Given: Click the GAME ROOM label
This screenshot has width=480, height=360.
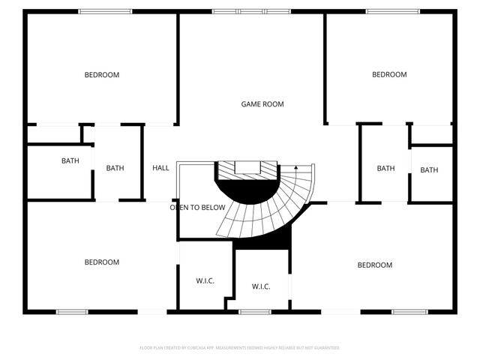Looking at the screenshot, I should pyautogui.click(x=262, y=104).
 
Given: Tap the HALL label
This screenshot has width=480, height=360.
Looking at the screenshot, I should pyautogui.click(x=160, y=168).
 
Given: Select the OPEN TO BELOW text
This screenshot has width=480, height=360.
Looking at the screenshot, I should pyautogui.click(x=197, y=208).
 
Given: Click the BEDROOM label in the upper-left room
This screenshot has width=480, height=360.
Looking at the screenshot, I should pyautogui.click(x=101, y=75).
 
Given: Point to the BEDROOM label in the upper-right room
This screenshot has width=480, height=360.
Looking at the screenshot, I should pyautogui.click(x=389, y=75).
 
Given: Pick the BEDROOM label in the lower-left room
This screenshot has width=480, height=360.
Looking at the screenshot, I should pyautogui.click(x=101, y=262).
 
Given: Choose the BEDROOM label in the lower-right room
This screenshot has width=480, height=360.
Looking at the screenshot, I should pyautogui.click(x=374, y=265).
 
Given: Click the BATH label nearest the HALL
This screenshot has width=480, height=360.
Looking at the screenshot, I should pyautogui.click(x=115, y=168).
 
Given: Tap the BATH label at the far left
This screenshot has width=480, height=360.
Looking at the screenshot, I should pyautogui.click(x=70, y=160).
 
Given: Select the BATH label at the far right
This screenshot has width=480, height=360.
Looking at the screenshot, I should pyautogui.click(x=429, y=170).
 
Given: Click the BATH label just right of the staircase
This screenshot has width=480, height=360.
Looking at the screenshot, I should pyautogui.click(x=385, y=168).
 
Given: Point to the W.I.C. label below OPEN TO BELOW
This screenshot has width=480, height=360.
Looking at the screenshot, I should pyautogui.click(x=205, y=281).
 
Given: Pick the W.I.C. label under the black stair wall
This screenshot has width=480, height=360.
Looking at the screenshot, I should pyautogui.click(x=261, y=286).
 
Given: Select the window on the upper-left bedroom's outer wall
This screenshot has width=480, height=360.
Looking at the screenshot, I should pyautogui.click(x=105, y=11).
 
